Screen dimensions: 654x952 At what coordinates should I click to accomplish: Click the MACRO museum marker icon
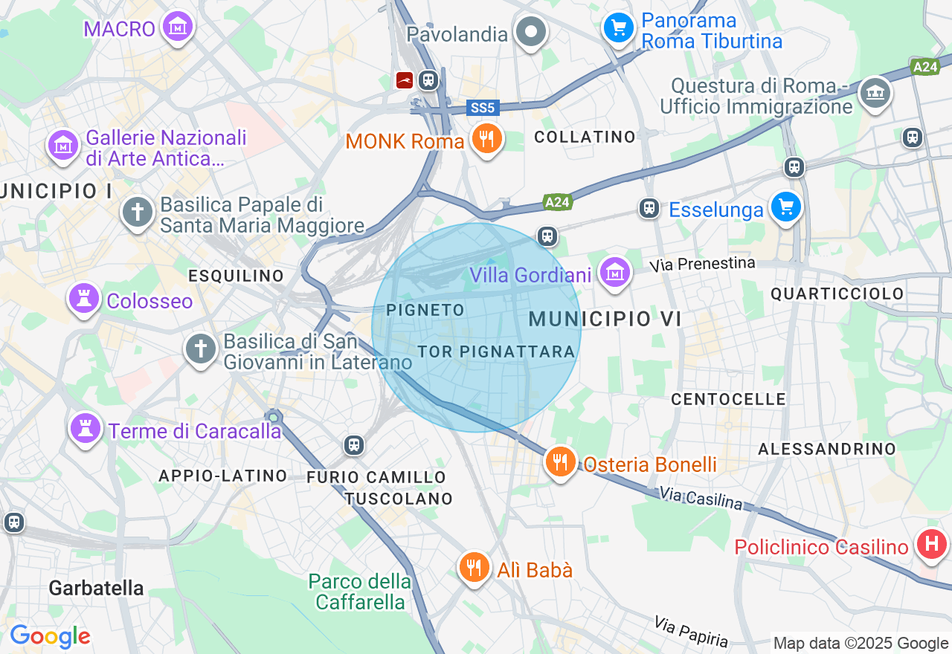(x=178, y=27)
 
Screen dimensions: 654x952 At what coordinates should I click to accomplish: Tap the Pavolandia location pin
(x=531, y=32)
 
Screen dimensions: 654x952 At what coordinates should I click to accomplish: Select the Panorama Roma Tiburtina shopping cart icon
(x=619, y=28)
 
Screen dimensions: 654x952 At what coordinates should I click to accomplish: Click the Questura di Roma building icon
(x=875, y=93)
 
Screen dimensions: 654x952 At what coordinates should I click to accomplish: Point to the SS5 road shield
(x=483, y=108)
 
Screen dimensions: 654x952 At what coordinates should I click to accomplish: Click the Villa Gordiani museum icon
(x=615, y=273)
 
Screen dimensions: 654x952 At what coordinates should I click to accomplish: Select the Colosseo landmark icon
(x=84, y=299)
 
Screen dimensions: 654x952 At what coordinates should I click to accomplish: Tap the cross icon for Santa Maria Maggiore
(x=138, y=213)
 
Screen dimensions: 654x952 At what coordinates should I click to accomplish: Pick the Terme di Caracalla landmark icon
(x=86, y=428)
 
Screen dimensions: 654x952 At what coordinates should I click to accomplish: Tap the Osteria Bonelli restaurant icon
(x=561, y=462)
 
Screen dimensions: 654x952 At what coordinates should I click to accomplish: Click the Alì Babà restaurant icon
(x=474, y=568)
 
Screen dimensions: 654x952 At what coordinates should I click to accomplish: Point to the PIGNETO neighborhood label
(x=426, y=310)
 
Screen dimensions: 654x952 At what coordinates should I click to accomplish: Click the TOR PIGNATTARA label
(x=495, y=352)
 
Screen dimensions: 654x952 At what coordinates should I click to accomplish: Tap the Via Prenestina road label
(x=702, y=264)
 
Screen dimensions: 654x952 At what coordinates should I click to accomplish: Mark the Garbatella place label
(x=97, y=588)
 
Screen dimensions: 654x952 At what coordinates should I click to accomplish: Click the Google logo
(x=50, y=637)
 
